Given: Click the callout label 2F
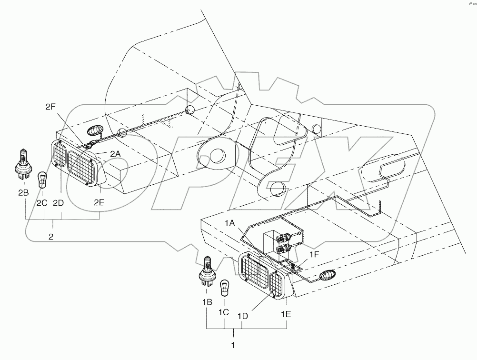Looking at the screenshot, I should pos(51,107).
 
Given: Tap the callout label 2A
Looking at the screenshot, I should pos(115,153).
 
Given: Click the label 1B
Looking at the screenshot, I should pos(206,302).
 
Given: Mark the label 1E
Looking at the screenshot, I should pos(286,314).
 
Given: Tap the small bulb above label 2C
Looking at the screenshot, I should pos(41,177).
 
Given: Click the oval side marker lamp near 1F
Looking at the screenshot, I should pos(328,275).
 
